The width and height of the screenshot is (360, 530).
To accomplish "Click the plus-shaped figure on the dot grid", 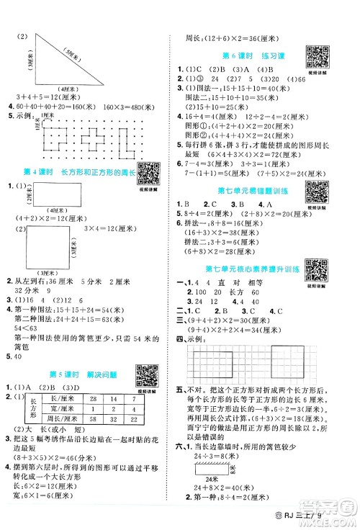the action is coord(95,138).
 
